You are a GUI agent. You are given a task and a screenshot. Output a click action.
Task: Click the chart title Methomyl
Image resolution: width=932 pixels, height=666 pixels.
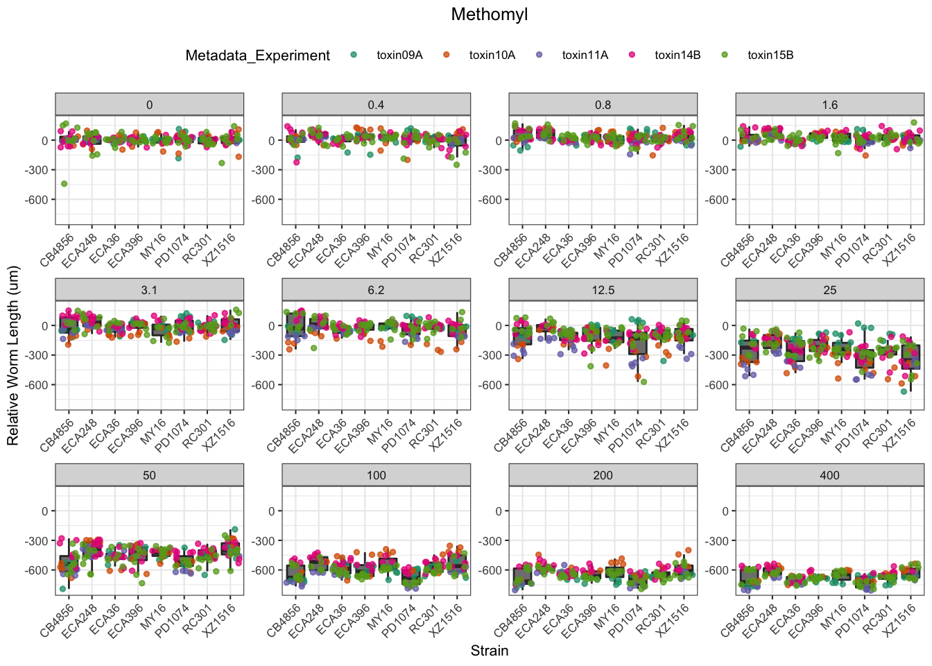tap(489, 15)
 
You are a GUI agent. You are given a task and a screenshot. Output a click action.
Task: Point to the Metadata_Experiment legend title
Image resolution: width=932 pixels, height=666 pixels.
tap(257, 55)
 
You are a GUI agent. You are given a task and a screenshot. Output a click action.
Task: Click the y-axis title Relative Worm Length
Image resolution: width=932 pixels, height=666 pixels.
tap(13, 356)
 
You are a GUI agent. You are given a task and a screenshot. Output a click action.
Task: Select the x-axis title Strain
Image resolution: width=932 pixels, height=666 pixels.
tap(490, 651)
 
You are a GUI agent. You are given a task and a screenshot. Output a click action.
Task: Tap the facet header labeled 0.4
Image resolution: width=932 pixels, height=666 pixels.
tap(376, 105)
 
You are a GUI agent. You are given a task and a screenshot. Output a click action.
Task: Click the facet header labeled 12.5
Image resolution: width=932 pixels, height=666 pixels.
tap(603, 290)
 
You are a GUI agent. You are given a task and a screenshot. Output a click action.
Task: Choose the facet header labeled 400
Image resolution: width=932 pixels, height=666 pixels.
tap(829, 475)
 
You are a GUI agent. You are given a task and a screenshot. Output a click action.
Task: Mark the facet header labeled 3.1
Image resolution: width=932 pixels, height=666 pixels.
tap(149, 290)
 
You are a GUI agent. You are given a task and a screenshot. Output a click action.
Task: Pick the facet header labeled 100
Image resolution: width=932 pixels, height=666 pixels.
tap(376, 475)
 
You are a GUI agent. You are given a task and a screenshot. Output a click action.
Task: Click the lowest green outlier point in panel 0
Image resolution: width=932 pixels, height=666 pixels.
tap(64, 184)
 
